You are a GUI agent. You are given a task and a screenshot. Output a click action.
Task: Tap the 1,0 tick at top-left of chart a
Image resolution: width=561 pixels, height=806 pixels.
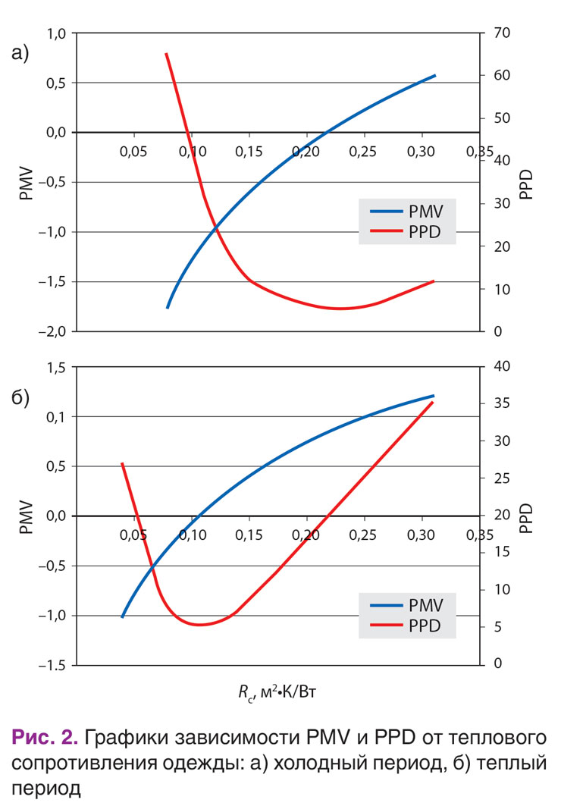point(56,33)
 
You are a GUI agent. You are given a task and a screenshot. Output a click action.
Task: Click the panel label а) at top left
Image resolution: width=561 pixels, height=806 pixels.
point(20,52)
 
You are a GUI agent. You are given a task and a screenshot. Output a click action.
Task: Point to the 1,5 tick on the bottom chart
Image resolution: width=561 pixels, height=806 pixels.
point(56,367)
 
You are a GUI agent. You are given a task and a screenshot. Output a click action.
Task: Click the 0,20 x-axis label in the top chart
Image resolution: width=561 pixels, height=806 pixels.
point(306,152)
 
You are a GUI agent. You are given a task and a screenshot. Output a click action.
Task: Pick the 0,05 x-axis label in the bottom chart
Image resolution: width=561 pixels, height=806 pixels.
point(133,535)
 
